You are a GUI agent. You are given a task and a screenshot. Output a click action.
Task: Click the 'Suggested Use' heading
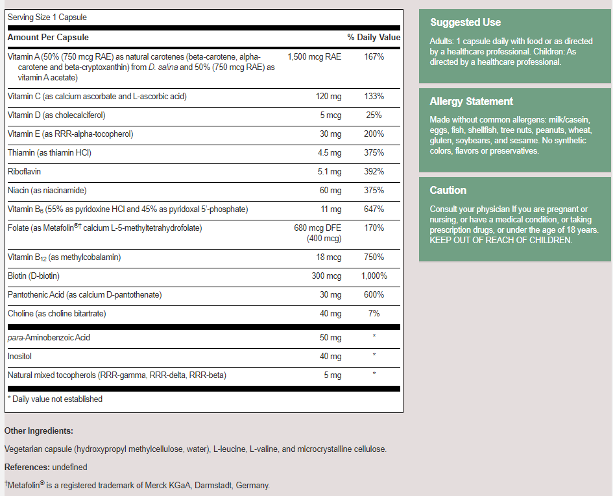[465, 23]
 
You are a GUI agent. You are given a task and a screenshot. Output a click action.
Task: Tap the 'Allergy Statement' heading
[471, 102]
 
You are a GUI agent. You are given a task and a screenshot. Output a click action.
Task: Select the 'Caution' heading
[448, 191]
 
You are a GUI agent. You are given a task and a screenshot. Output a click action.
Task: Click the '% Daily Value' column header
[374, 38]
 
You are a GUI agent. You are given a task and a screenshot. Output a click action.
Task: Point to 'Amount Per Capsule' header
[48, 38]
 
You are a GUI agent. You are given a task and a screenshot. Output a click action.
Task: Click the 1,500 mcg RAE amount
[314, 57]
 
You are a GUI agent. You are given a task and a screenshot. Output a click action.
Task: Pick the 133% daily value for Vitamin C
[374, 97]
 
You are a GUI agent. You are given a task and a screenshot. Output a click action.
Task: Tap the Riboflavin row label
[24, 172]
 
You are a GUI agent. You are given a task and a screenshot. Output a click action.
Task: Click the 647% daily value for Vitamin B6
[374, 209]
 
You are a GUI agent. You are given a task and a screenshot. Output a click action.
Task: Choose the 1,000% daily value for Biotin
[374, 276]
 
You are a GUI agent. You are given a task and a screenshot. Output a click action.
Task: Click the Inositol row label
[19, 357]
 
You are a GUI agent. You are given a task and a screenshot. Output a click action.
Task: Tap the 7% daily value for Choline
[374, 314]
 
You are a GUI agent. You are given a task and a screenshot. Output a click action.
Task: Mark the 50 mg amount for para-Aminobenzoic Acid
[330, 338]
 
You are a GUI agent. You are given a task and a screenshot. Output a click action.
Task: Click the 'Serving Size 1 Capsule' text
[47, 17]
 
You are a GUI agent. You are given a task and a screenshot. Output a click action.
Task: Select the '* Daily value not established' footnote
[54, 399]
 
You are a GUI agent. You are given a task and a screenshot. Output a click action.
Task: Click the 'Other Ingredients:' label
[39, 431]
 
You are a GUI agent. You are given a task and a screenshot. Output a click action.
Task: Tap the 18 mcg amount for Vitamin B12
[328, 257]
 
